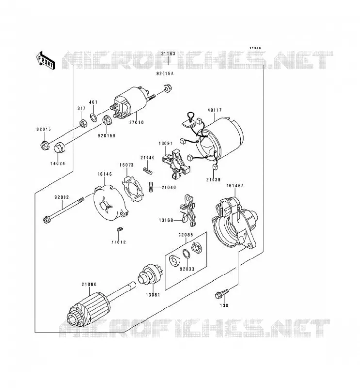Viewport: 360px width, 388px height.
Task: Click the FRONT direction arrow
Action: pos(46,60)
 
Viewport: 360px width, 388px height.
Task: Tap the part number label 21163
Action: pos(168,53)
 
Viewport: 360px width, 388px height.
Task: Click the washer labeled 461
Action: pos(94,118)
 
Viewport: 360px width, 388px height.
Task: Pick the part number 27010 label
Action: pos(136,122)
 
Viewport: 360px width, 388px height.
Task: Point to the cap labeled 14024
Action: pos(59,148)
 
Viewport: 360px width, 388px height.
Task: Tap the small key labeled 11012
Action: pos(119,229)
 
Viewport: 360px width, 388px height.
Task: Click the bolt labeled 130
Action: pos(222,293)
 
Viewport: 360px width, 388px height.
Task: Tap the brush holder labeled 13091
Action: pos(176,163)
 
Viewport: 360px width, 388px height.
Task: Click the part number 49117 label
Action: pos(214,110)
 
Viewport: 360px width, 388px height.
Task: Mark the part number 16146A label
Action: pos(234,185)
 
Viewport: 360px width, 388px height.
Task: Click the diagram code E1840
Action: pos(255,48)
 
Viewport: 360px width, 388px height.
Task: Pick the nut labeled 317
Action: pos(82,123)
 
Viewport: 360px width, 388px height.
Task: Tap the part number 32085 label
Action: pos(185,235)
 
